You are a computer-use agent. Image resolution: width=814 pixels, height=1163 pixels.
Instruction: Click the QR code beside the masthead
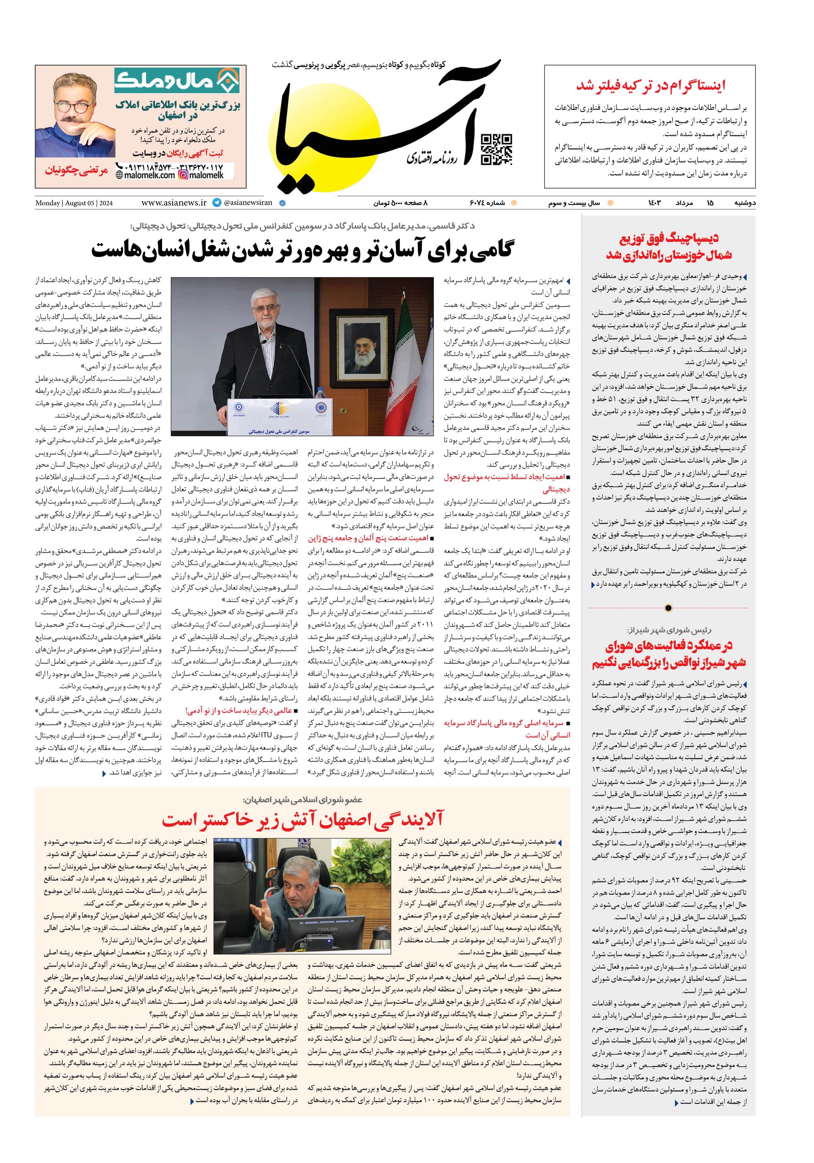pyautogui.click(x=496, y=150)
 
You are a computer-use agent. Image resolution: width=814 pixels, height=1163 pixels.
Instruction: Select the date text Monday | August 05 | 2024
pyautogui.click(x=74, y=203)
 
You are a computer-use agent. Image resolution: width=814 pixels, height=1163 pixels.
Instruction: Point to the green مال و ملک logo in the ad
pyautogui.click(x=177, y=81)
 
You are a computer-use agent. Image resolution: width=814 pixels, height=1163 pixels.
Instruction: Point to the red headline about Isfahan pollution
pyautogui.click(x=302, y=819)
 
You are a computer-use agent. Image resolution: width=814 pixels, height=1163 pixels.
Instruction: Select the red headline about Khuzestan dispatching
pyautogui.click(x=669, y=246)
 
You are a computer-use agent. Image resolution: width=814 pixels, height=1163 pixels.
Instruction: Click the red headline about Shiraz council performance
pyautogui.click(x=669, y=654)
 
